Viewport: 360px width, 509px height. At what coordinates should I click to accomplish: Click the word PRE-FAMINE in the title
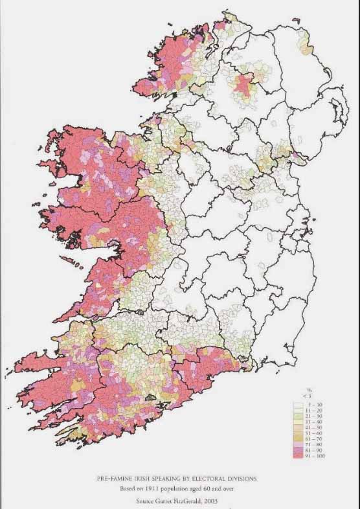tap(121, 479)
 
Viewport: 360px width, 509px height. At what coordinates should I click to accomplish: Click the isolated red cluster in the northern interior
tap(245, 85)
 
